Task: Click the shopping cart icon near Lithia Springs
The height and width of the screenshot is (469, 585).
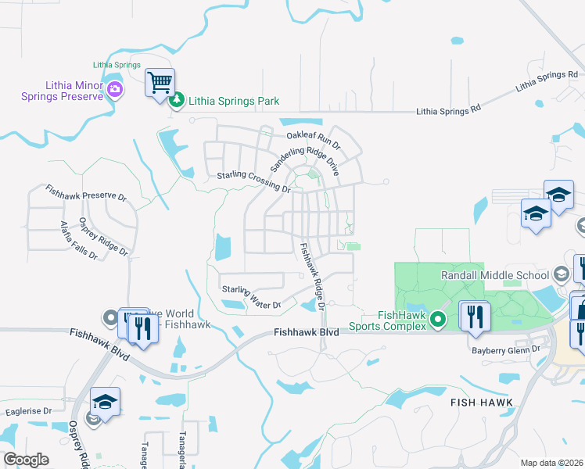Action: coord(160,82)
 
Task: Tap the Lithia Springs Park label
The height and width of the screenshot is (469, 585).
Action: coord(233,102)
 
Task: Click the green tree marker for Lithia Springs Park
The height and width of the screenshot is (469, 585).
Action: coord(178,100)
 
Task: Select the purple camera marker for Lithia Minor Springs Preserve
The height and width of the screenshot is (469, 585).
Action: coord(115,89)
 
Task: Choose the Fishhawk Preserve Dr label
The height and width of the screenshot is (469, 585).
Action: coord(85,193)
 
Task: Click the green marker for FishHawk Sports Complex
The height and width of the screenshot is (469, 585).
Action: coord(439,319)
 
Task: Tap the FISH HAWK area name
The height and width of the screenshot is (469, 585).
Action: coord(482,403)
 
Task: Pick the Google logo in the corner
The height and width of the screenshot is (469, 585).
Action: coord(25,460)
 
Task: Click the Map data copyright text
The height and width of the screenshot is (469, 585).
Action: coord(551,463)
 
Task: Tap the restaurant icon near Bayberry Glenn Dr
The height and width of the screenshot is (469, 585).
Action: coord(475,316)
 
